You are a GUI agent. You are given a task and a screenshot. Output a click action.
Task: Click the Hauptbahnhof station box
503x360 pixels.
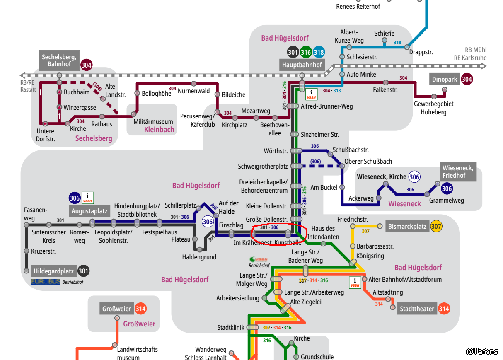point(302,65)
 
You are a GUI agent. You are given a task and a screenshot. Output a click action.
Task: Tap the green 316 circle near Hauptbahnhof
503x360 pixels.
point(306,52)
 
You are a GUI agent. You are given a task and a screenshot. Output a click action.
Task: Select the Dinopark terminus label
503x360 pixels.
point(445,79)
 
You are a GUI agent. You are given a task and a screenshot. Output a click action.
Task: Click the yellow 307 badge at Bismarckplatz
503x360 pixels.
point(436,227)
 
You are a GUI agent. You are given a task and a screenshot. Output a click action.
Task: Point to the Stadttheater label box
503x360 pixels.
point(417,309)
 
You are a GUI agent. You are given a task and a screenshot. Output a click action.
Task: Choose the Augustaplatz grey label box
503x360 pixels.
point(89,211)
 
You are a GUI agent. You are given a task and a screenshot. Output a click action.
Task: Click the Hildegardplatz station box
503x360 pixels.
point(54,271)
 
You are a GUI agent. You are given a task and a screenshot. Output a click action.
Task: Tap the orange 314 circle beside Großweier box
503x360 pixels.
point(140,309)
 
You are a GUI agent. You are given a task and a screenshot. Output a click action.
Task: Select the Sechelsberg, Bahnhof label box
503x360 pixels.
point(59,60)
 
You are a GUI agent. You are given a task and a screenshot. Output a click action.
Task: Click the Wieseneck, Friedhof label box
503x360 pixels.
point(458,172)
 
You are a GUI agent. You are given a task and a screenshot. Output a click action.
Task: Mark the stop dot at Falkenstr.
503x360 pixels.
point(386,82)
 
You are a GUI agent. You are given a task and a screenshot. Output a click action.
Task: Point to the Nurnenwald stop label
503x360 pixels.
point(194,91)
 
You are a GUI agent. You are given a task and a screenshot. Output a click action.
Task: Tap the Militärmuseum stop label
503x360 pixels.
point(153,121)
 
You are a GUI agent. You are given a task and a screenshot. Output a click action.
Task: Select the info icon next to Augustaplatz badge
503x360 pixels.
point(87,198)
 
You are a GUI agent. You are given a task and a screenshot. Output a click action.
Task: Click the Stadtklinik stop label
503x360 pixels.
point(230,327)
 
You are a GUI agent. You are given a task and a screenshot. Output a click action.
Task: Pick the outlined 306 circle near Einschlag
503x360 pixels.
point(208,222)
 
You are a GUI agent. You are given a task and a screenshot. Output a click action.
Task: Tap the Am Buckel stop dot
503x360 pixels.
point(342,187)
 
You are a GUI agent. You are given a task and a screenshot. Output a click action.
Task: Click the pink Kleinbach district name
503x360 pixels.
point(159,129)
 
